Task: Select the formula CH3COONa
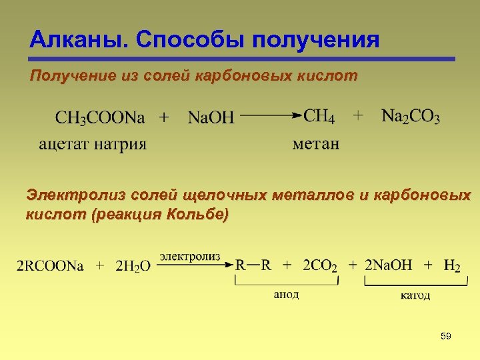[x=100, y=118]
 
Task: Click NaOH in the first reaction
[x=211, y=118]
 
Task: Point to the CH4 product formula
[x=319, y=117]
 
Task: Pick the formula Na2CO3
[x=411, y=117]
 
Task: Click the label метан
[x=316, y=143]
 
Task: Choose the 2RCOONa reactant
[x=51, y=266]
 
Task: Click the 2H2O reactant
[x=133, y=266]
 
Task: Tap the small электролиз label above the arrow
[x=188, y=255]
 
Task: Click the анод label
[x=286, y=294]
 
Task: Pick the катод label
[x=415, y=295]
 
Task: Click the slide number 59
[x=446, y=337]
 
